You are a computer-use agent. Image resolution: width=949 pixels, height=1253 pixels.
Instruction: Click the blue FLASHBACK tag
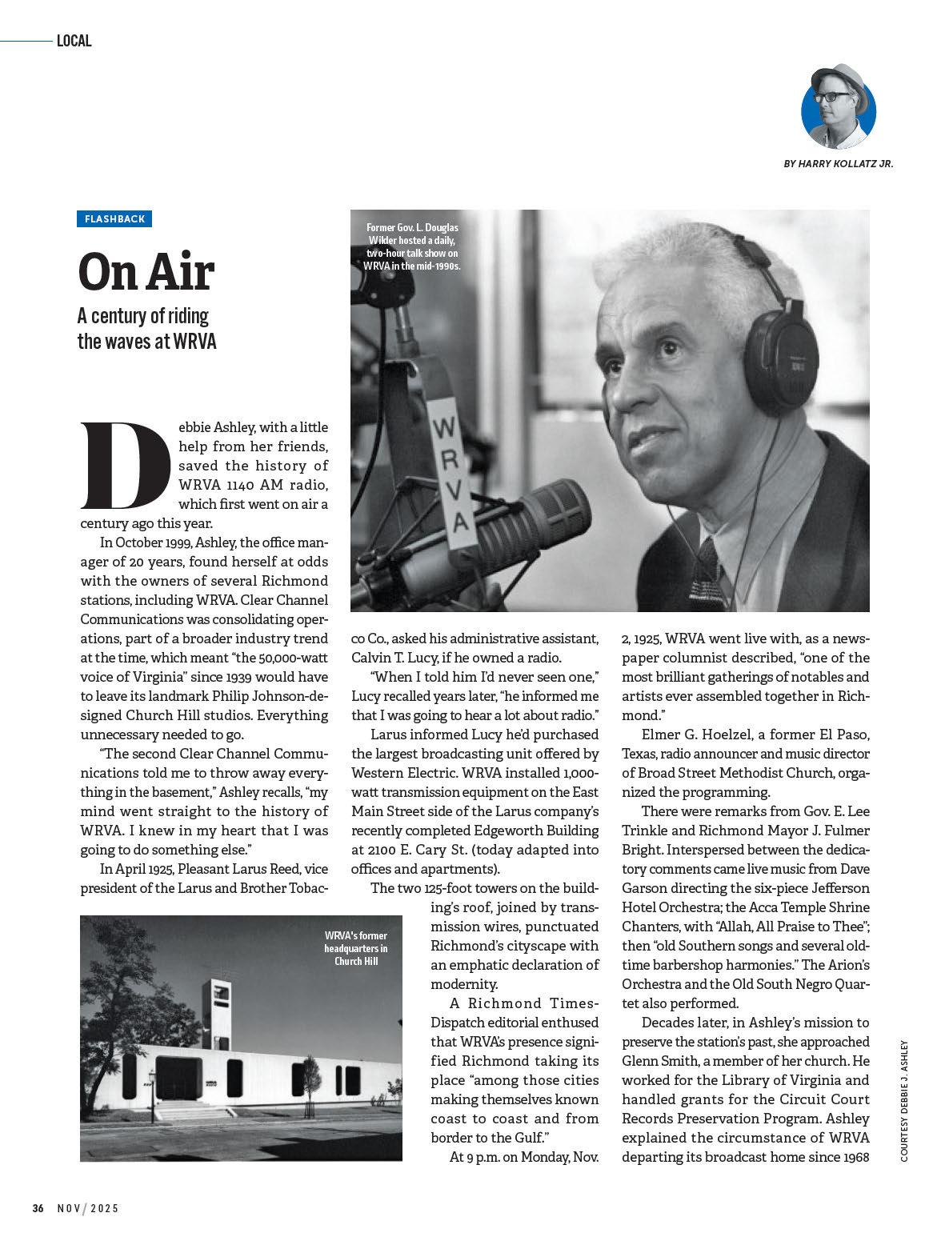(x=114, y=219)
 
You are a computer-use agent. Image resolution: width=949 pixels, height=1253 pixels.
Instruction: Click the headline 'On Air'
(x=146, y=271)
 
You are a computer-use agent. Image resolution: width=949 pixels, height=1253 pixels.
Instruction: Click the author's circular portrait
(x=838, y=109)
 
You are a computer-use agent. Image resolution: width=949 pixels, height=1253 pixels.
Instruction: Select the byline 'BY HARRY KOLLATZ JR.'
(x=838, y=163)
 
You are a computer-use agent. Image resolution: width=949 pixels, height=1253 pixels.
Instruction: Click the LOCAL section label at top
(x=74, y=41)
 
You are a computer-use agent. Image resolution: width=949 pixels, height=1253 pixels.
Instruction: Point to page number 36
(x=38, y=1208)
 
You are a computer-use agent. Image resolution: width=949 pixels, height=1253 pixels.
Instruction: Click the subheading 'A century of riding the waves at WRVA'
(x=146, y=328)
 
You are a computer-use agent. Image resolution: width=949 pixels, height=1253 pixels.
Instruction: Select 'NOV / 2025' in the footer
(x=87, y=1208)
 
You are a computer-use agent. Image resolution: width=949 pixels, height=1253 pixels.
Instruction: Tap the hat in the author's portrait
(x=839, y=79)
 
